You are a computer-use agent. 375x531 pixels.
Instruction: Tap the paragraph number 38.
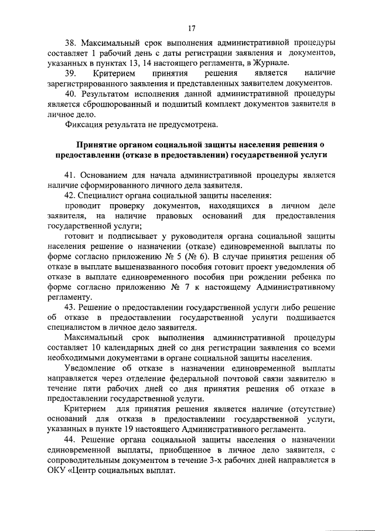coord(70,43)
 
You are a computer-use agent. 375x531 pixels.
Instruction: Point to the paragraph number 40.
coord(70,94)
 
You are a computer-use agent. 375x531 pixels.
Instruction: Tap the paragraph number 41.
coord(69,175)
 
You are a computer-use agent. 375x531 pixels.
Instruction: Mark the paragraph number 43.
coord(69,307)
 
